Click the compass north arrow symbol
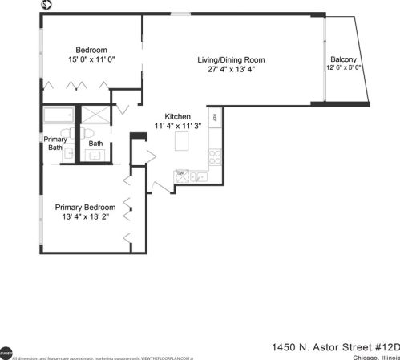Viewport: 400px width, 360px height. (x=46, y=6)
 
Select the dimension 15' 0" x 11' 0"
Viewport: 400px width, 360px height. (x=92, y=59)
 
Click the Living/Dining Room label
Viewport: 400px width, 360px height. (x=232, y=59)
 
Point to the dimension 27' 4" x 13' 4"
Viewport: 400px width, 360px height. (x=232, y=69)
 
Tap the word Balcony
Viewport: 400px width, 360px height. (x=343, y=59)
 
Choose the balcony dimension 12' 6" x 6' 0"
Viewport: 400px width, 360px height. (x=345, y=68)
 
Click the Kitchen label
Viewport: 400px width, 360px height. (x=178, y=116)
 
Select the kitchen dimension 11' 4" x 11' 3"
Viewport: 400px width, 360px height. (x=178, y=127)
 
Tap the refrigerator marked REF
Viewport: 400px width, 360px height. (x=215, y=119)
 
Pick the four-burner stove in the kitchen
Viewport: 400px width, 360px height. (x=214, y=153)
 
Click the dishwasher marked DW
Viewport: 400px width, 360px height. (x=181, y=174)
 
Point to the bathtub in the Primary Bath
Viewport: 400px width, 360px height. (x=57, y=115)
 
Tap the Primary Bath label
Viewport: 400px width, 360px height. (x=55, y=143)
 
